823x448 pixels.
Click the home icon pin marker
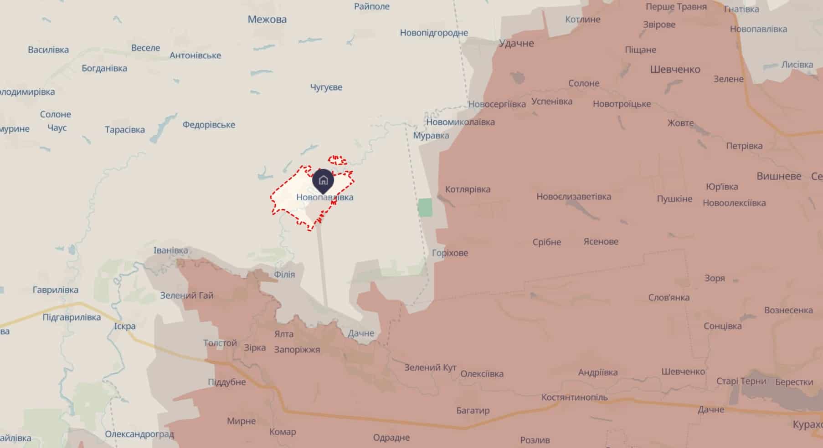323,180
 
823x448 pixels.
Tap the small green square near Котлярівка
425,207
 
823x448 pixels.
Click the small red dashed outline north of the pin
337,160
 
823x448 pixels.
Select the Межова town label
267,20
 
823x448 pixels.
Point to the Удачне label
516,43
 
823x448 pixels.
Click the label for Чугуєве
326,87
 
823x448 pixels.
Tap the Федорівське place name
209,124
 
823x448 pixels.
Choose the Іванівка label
170,250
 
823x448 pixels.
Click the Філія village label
284,274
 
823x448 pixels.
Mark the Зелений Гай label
186,295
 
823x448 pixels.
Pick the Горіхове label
450,253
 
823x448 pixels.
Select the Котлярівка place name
468,189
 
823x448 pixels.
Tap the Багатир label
473,410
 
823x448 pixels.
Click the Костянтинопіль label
574,397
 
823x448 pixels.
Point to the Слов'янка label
669,297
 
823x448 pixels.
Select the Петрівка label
744,146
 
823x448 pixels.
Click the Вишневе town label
778,176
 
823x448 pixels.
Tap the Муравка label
431,135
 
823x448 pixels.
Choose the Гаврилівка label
55,290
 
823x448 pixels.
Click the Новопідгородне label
434,32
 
